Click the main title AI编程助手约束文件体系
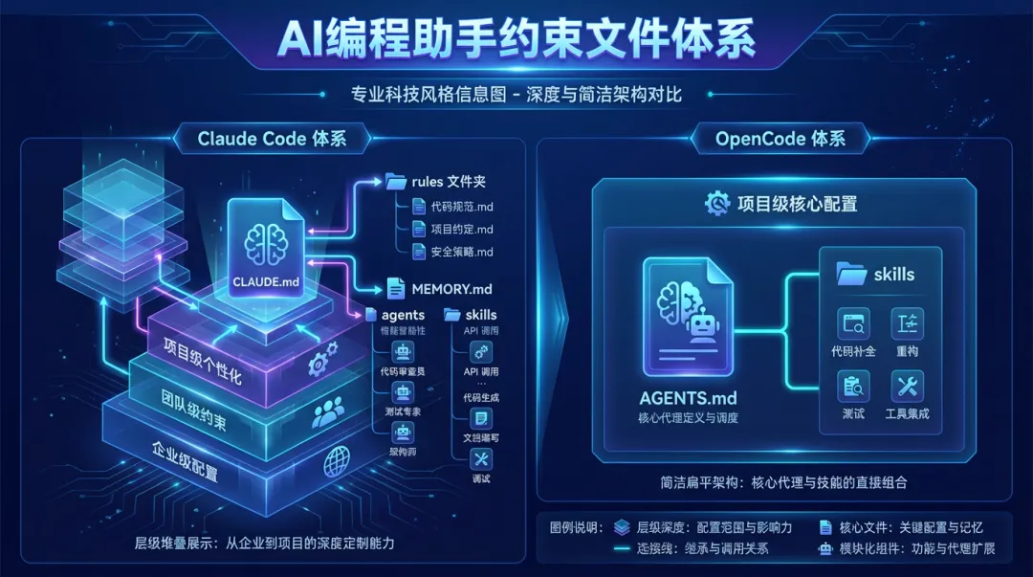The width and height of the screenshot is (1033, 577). [516, 40]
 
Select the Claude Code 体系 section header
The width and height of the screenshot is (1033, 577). [272, 139]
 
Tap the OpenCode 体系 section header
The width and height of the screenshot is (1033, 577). [780, 139]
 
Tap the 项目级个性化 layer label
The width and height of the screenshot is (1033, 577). [202, 353]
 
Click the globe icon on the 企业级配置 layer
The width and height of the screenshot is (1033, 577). [337, 462]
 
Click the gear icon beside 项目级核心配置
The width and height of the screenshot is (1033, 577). [717, 203]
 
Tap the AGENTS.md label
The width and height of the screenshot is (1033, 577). [688, 398]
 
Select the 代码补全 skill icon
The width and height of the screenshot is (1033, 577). [851, 325]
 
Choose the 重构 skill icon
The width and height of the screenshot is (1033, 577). [907, 325]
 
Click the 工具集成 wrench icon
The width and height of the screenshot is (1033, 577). [907, 387]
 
